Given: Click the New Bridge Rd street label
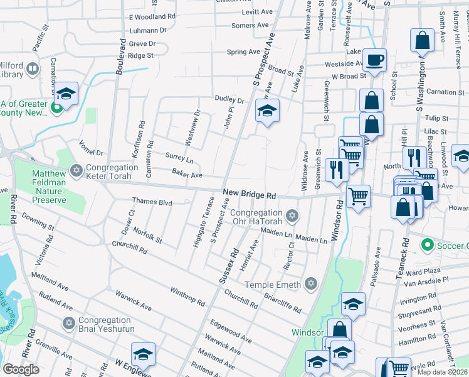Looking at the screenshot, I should pos(250,195).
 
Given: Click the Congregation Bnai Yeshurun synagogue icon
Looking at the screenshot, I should pos(70,323).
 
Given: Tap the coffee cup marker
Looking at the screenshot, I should pos(375,60).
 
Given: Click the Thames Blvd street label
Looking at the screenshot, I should pos(152,202).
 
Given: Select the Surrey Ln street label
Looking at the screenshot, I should pos(179,157).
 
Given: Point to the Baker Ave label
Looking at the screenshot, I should pos(187,174).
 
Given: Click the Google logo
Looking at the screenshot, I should pos(21,369).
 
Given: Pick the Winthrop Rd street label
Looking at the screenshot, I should pos(187,296).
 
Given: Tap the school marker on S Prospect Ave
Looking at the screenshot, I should pos(267,112).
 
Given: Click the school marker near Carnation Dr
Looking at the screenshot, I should pos(65,94).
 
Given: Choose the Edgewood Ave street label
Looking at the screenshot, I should pos(231,332).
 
